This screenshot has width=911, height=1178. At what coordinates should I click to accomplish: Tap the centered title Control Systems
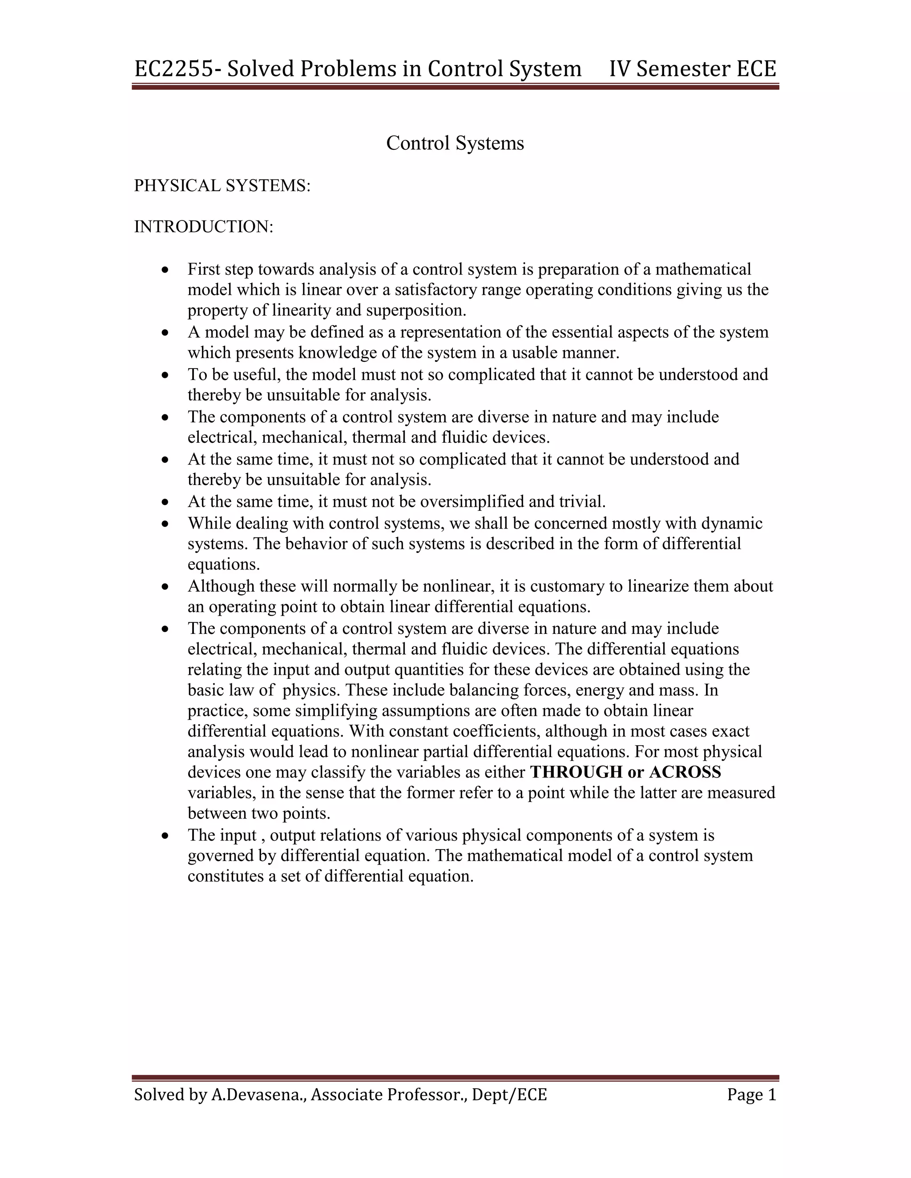coord(455,144)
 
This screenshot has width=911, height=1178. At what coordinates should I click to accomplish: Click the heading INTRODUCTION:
coord(203,227)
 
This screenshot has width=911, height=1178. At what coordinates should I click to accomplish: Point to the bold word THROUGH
coord(576,773)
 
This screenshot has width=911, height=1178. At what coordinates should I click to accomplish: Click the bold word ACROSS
coord(685,773)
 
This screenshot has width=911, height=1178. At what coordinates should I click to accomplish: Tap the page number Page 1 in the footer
coord(751,1094)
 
